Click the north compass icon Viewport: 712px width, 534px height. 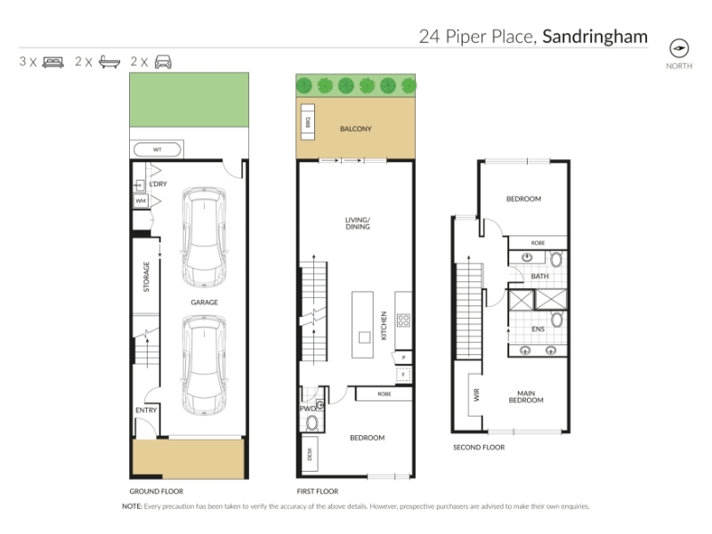coord(679,48)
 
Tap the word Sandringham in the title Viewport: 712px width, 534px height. coord(595,36)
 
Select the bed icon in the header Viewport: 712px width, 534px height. coord(53,61)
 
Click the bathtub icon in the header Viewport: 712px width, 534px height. coord(109,61)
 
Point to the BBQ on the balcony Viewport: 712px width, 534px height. coord(307,122)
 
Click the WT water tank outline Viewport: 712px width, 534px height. coord(158,150)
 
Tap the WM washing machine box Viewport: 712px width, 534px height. coord(141,201)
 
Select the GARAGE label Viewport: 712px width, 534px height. coord(205,302)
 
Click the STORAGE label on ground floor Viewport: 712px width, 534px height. coord(146,277)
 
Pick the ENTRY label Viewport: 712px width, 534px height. coord(146,410)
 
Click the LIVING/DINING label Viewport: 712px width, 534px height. coord(358,223)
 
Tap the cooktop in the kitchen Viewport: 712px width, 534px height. coord(404,320)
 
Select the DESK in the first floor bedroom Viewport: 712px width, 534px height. coord(310,454)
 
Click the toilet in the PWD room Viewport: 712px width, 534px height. coord(312,424)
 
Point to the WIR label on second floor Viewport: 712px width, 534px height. coord(476,394)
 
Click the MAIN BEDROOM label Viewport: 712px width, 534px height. coord(526,396)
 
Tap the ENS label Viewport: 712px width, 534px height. coord(538,328)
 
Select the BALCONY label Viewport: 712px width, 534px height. coord(356,128)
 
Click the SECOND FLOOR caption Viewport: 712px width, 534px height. coord(479,448)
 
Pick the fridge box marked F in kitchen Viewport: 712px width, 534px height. coord(403,374)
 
